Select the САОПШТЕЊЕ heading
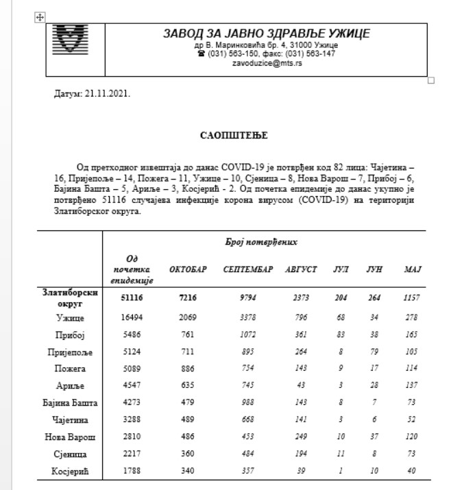point(233,136)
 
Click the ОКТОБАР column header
point(188,269)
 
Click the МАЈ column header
point(412,269)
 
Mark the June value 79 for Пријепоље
point(373,352)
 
